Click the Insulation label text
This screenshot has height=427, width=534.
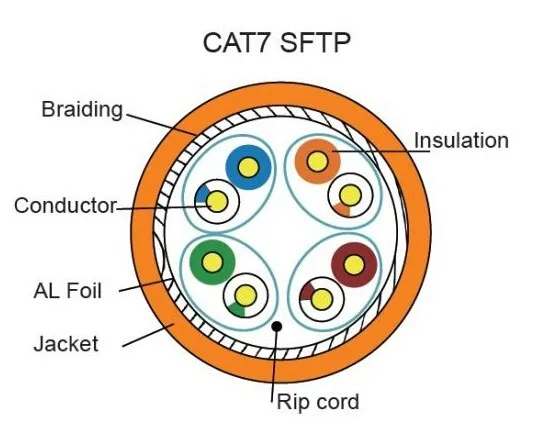(461, 140)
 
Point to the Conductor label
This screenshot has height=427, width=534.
(65, 206)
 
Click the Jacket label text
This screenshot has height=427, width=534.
(66, 344)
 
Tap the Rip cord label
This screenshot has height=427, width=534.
(317, 402)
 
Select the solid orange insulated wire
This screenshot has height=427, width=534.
(318, 159)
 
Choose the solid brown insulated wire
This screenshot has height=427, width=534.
(351, 265)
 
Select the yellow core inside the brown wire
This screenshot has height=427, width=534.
(351, 265)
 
